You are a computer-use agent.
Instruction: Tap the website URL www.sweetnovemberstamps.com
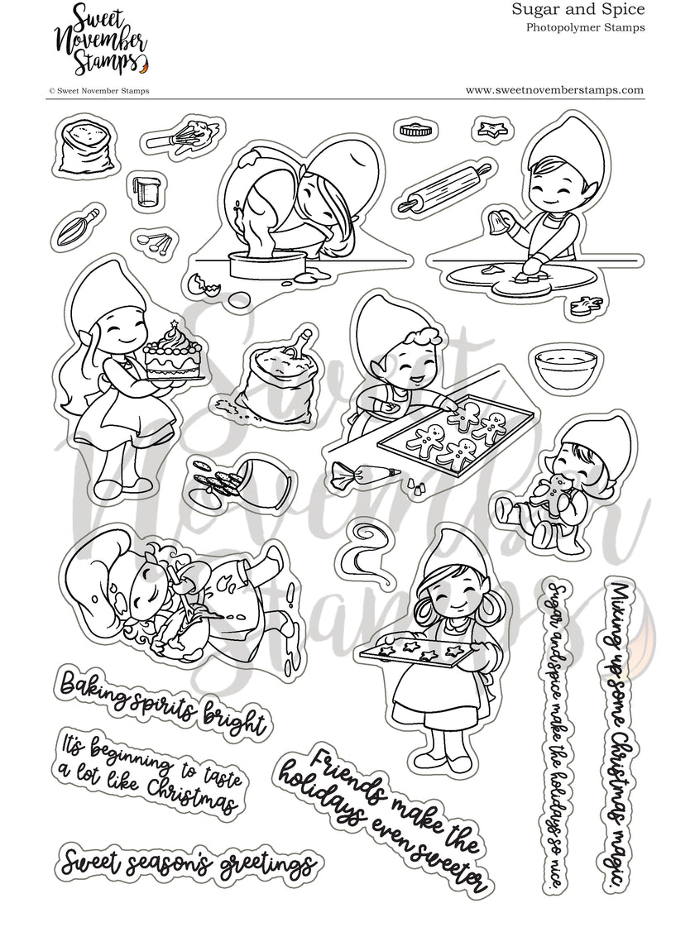tap(554, 89)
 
